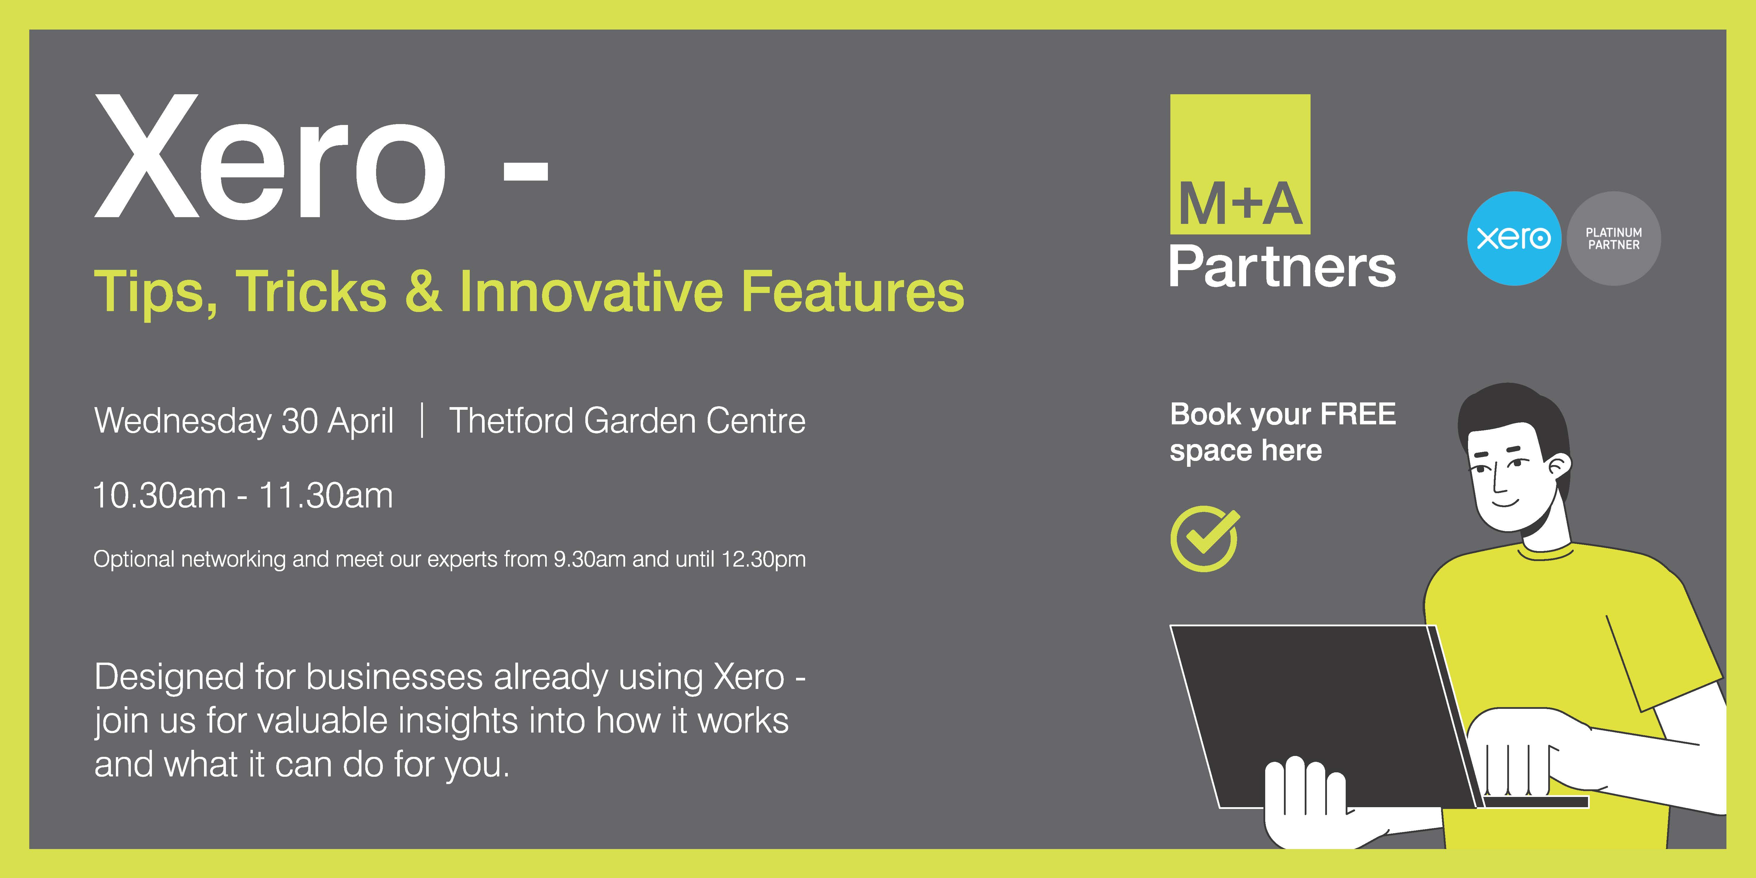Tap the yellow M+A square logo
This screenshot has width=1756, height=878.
(x=1240, y=164)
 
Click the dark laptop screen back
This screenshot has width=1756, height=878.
(x=1319, y=716)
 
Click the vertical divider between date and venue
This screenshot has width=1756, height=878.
(x=423, y=420)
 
